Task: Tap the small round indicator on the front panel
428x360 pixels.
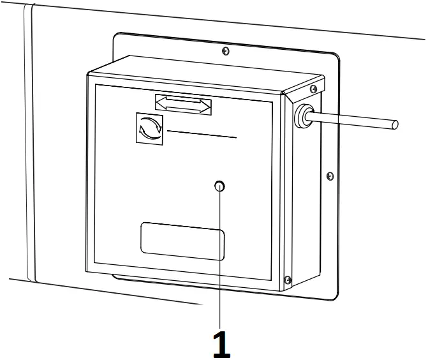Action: pos(220,186)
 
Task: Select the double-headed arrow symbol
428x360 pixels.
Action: pos(183,103)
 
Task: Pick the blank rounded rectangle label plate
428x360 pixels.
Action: pos(182,241)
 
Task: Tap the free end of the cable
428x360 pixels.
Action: pos(395,124)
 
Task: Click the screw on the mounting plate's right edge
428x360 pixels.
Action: pos(329,175)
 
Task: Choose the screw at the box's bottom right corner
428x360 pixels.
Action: pos(288,279)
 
